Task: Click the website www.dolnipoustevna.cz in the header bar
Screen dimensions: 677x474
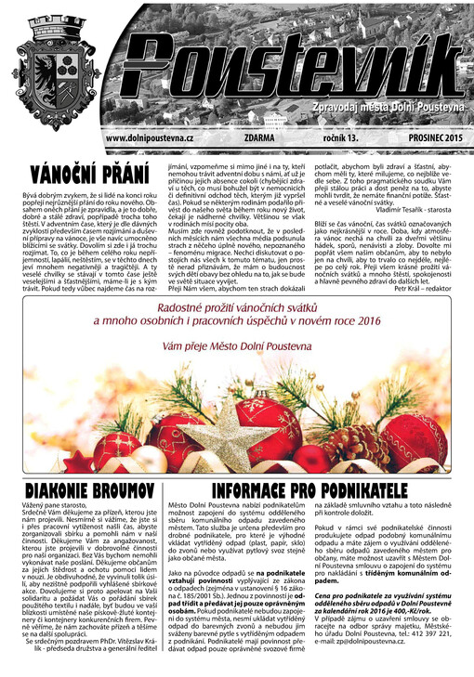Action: point(149,137)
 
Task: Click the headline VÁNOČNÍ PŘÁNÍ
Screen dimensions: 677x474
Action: point(89,174)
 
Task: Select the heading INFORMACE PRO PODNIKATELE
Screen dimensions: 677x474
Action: point(309,489)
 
